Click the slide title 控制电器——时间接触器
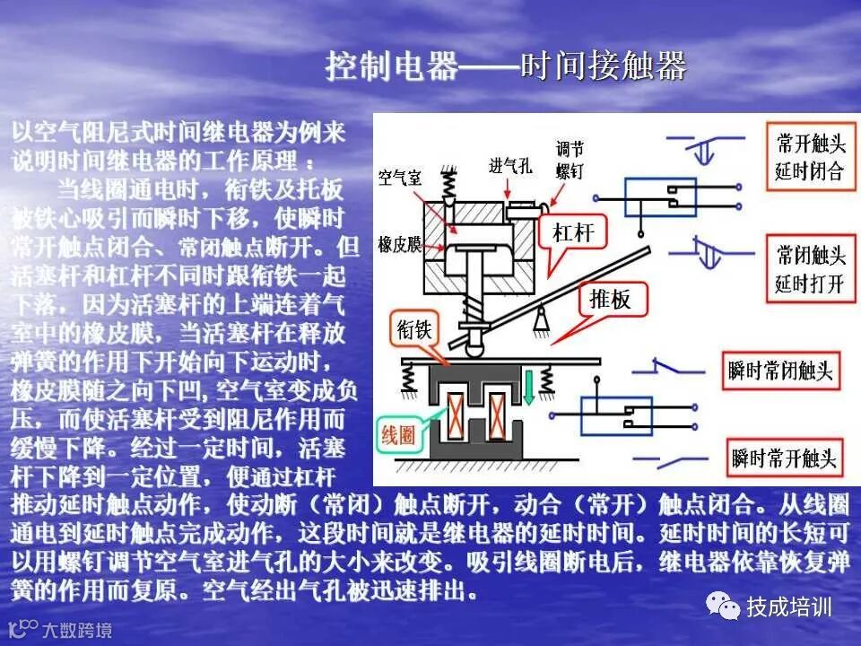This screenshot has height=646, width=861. click(506, 66)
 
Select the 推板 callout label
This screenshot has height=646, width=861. click(610, 300)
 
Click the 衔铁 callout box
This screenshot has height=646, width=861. click(414, 329)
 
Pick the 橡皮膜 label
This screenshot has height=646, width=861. click(399, 244)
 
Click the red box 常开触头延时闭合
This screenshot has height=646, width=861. click(810, 157)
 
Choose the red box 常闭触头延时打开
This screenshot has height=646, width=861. click(810, 270)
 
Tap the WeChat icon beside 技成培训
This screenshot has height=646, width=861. click(722, 607)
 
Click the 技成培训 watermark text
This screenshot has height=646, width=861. click(789, 607)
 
